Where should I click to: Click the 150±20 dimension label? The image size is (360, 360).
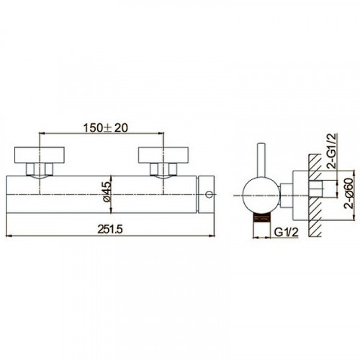coord(105,128)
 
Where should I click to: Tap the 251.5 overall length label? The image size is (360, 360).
coord(110,230)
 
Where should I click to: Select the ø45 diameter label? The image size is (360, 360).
coord(107,192)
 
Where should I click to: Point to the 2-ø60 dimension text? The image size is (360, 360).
coord(349,193)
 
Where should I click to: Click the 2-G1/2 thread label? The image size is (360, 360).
coord(333,151)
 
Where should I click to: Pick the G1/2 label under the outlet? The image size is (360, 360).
coord(287,232)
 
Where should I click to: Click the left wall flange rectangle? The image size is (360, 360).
coord(40,155)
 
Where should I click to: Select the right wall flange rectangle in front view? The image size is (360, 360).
coord(163,155)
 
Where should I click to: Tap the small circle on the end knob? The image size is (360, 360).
coord(210,194)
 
